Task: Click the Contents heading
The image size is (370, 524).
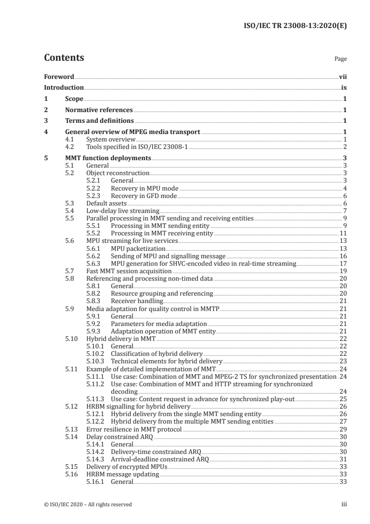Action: point(64,58)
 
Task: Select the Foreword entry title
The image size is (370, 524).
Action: point(59,77)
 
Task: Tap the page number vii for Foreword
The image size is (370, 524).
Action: point(342,77)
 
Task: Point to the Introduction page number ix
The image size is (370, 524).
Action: point(343,88)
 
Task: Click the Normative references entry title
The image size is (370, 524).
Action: point(99,110)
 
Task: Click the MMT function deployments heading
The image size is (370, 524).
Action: point(108,158)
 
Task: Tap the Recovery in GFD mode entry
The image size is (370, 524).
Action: point(143,196)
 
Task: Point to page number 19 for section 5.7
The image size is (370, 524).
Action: point(343,271)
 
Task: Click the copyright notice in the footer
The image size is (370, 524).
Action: point(88,504)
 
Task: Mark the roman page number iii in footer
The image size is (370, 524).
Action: point(344,504)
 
